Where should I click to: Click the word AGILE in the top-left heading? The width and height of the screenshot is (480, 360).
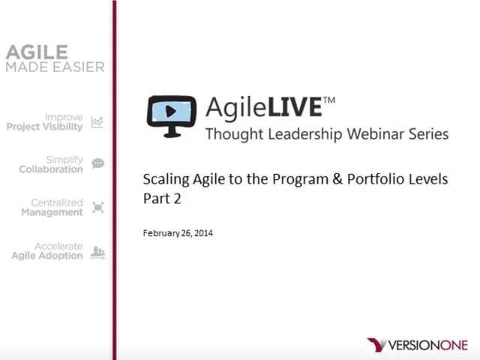pyautogui.click(x=37, y=52)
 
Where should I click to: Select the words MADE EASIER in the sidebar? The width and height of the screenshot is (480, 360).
pyautogui.click(x=55, y=67)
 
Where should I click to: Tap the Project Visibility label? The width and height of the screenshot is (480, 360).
pyautogui.click(x=45, y=122)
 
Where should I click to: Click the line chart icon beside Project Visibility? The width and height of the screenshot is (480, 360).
pyautogui.click(x=97, y=122)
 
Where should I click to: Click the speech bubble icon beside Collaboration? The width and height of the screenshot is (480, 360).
pyautogui.click(x=97, y=163)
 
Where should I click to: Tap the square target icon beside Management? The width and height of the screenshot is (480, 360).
pyautogui.click(x=97, y=207)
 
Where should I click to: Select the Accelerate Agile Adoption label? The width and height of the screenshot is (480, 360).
pyautogui.click(x=47, y=251)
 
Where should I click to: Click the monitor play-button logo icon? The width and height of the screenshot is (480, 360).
pyautogui.click(x=172, y=115)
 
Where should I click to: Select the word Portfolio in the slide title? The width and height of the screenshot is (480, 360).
pyautogui.click(x=370, y=179)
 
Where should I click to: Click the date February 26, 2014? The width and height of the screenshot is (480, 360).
pyautogui.click(x=178, y=233)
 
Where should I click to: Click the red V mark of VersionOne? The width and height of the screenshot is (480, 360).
pyautogui.click(x=376, y=345)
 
